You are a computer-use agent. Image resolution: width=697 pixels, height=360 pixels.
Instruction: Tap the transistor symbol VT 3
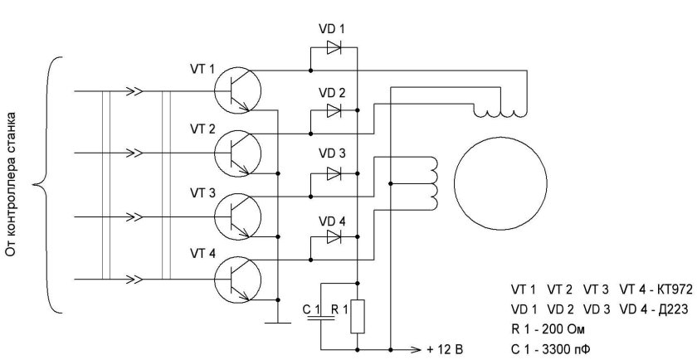click(x=238, y=216)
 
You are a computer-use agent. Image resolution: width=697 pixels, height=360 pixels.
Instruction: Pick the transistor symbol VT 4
click(x=238, y=278)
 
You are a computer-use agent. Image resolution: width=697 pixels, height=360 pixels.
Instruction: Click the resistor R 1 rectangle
click(x=357, y=316)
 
